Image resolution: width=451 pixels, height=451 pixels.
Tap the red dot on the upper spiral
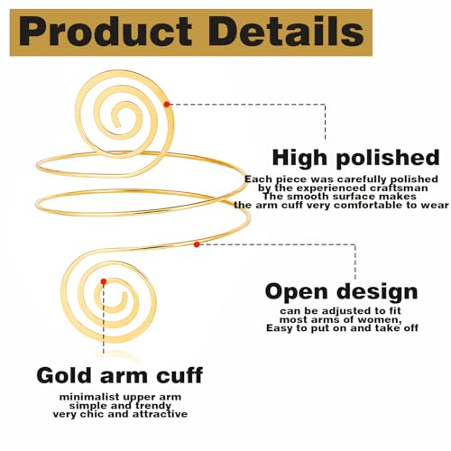pyautogui.click(x=168, y=105)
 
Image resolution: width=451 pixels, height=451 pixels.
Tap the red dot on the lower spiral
pyautogui.click(x=105, y=281)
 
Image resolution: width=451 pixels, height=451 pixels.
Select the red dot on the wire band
pyautogui.click(x=198, y=244)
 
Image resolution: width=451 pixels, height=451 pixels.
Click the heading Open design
pyautogui.click(x=341, y=291)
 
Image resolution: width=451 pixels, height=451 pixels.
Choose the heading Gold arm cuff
pyautogui.click(x=119, y=374)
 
